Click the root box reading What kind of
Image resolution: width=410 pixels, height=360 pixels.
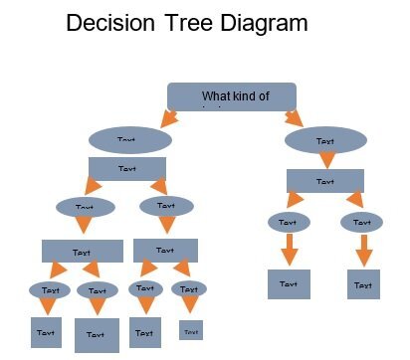tap(233, 95)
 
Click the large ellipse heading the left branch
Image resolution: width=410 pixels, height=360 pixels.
tap(129, 140)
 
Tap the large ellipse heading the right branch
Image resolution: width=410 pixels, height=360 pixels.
tap(325, 141)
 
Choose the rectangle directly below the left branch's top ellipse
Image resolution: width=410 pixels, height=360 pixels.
tap(126, 169)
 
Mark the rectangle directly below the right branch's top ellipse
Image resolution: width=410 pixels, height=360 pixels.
tap(325, 181)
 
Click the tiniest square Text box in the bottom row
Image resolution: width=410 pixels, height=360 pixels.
tap(191, 331)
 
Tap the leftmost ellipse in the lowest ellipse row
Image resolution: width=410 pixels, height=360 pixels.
tap(49, 290)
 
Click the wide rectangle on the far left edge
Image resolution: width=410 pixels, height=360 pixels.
tap(75, 252)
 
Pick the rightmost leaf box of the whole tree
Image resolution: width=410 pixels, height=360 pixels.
tap(363, 284)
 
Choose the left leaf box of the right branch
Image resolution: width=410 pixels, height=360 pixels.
tap(289, 283)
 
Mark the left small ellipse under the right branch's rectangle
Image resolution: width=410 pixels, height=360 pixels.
tap(288, 222)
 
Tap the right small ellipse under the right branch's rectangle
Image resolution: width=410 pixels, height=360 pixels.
tap(361, 222)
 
